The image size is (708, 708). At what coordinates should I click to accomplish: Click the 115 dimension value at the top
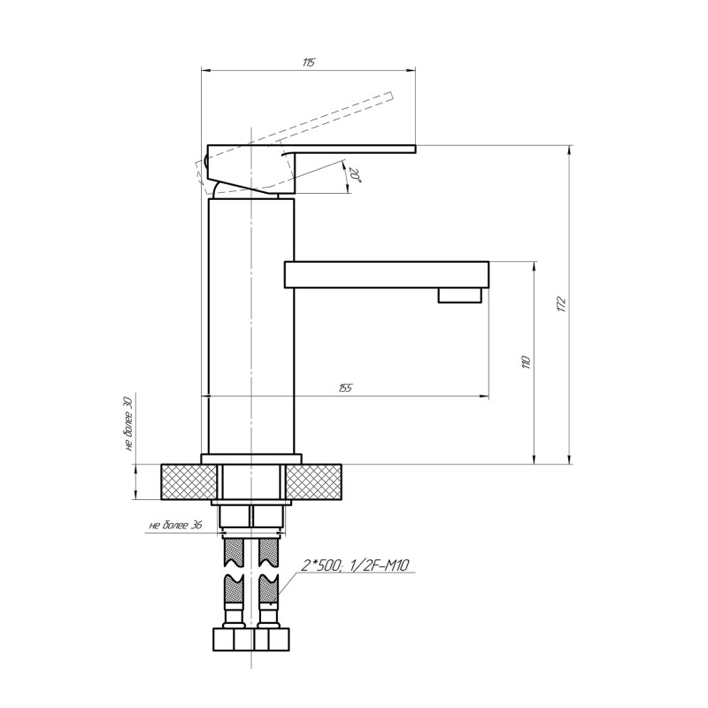tap(308, 63)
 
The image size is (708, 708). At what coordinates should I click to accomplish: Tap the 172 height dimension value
tap(561, 304)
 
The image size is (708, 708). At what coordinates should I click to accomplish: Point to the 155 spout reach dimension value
tap(344, 388)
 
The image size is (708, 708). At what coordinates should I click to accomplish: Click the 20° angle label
tap(356, 175)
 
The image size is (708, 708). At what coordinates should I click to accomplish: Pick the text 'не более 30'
tap(127, 423)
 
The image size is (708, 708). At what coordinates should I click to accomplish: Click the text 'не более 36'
tap(175, 525)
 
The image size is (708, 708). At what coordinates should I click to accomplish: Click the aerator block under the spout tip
tap(460, 295)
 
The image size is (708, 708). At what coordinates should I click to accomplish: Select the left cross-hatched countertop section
tap(189, 482)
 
